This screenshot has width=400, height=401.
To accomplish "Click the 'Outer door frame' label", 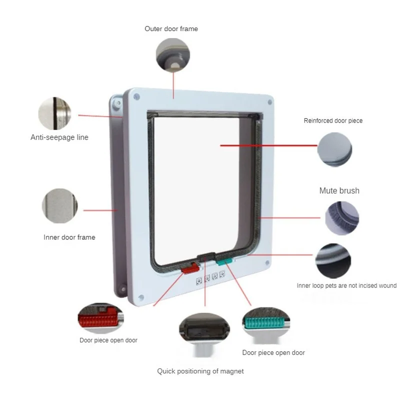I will pos(171,29).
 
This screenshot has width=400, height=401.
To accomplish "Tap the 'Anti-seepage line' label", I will pos(59,137).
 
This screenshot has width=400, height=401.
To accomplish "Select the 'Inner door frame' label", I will pos(69,237).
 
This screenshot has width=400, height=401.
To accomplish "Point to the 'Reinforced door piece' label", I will pos(333,121).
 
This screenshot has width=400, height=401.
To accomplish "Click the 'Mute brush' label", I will pos(339,191).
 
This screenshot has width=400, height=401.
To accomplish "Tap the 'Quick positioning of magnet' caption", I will pos(200,371).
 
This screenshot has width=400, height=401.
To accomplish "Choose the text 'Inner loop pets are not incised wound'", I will pos(346,286).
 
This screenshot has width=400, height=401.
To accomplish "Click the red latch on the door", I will pos(189,269).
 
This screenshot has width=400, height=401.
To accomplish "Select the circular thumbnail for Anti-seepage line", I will pos(55,114).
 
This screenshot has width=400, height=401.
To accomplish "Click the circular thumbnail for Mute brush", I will pos(342,218).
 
